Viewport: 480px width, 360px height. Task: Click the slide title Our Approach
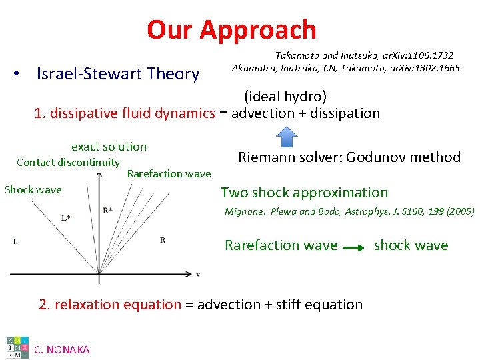tap(231, 30)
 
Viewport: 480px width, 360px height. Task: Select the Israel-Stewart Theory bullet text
tap(118, 73)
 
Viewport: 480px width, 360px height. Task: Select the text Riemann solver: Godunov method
tap(349, 157)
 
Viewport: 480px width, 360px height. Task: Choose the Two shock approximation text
tap(304, 193)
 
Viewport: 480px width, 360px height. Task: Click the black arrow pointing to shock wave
tap(355, 247)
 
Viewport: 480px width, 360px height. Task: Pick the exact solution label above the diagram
tap(109, 147)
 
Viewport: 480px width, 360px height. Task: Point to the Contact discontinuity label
tap(68, 163)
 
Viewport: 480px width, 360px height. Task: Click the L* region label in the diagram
tap(65, 217)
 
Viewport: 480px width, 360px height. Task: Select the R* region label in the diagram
tap(107, 211)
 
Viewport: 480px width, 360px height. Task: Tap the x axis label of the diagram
tap(198, 274)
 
